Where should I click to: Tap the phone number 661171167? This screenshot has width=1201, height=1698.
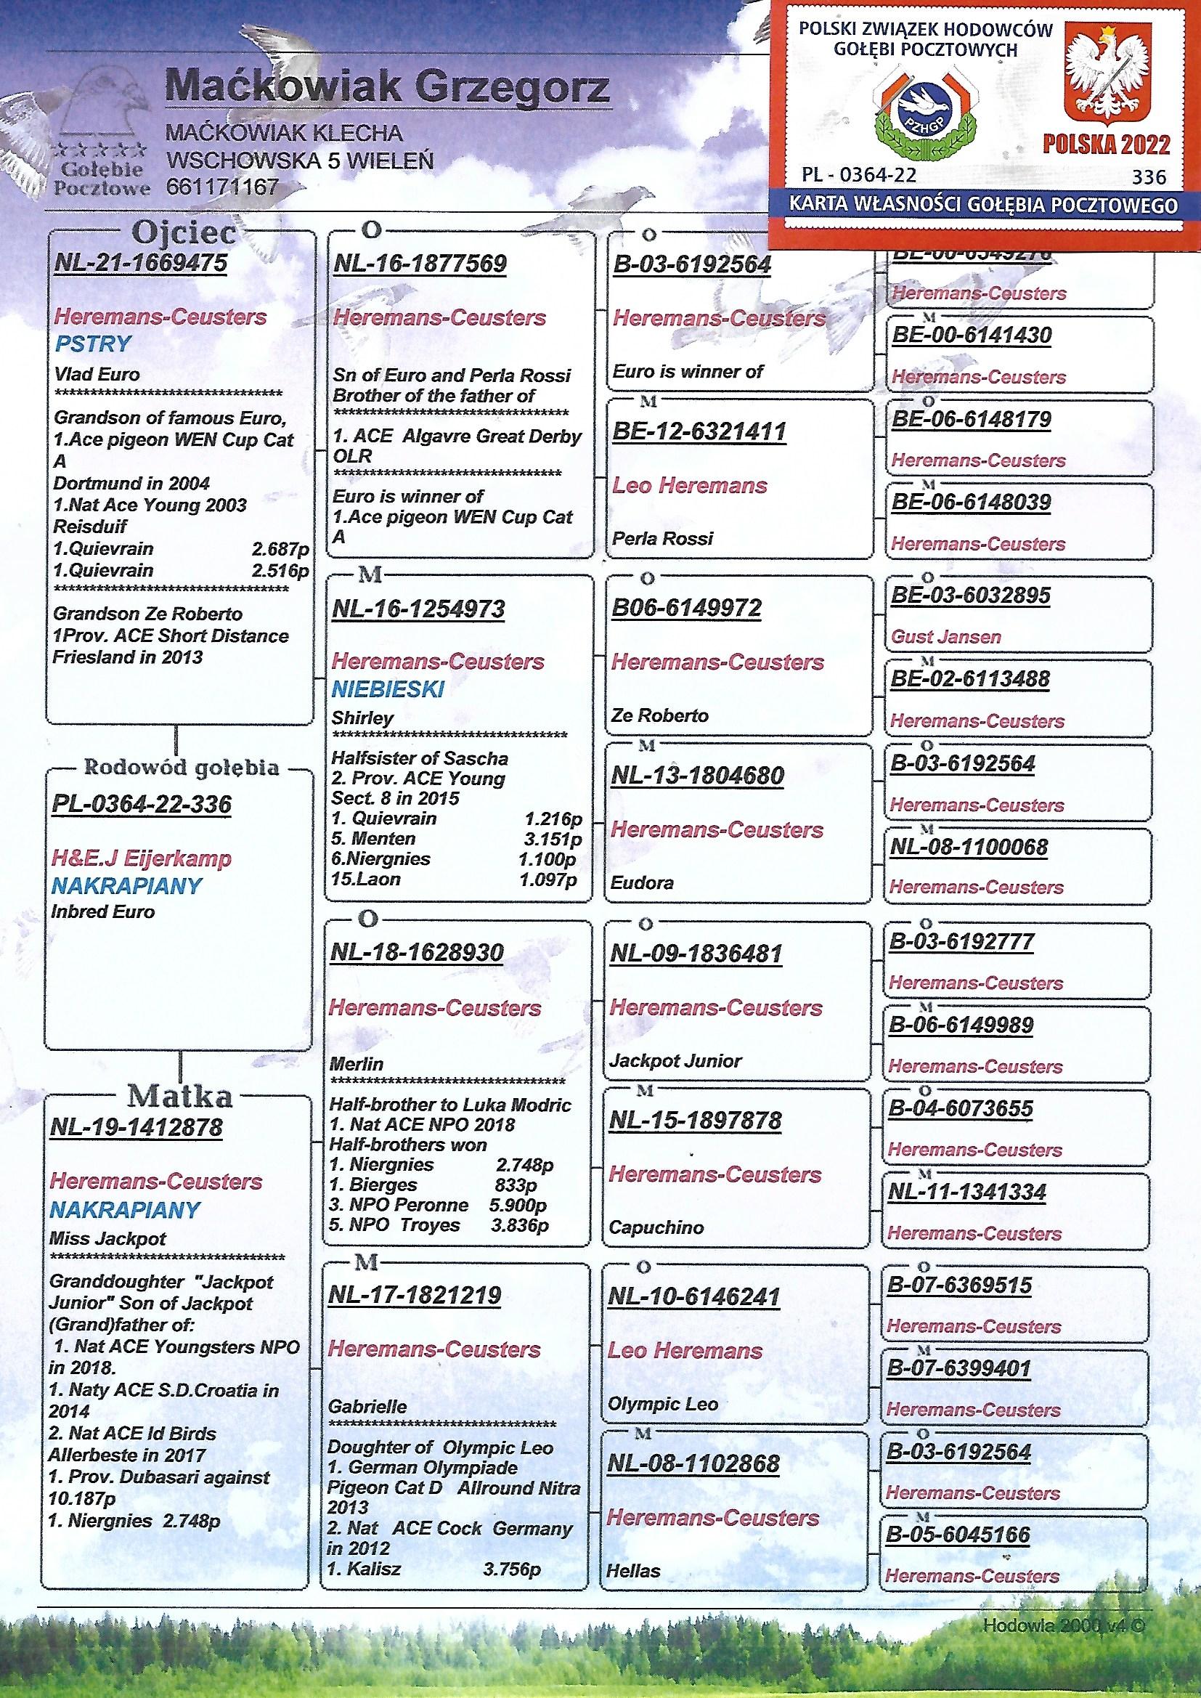[223, 187]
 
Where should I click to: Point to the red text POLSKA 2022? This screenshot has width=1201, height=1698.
[1107, 145]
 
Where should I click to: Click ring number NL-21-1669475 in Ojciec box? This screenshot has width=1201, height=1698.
[142, 264]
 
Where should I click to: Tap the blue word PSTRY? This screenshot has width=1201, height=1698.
[93, 344]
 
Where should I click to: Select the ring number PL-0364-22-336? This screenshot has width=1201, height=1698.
[142, 805]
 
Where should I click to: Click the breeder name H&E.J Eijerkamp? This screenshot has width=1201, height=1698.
[142, 858]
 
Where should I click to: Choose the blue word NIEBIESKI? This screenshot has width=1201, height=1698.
[388, 690]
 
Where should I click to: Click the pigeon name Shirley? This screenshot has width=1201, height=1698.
[362, 718]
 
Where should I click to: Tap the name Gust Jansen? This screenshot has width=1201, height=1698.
[946, 637]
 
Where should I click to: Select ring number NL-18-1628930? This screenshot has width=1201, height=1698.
[417, 953]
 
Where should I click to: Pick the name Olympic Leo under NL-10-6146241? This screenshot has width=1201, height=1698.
[662, 1404]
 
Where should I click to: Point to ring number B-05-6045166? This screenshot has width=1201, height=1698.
[958, 1535]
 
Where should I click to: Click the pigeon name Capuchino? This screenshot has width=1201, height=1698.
[656, 1227]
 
